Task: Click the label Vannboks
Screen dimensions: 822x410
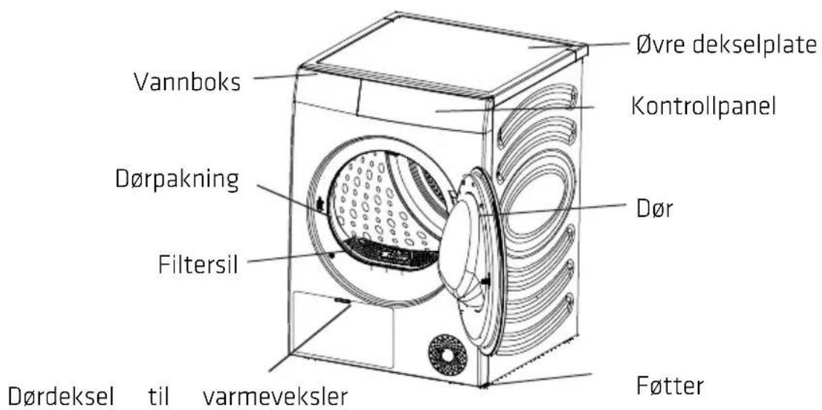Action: tap(187, 81)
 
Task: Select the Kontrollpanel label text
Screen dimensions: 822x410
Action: tap(703, 108)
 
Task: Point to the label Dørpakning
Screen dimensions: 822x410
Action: tap(177, 181)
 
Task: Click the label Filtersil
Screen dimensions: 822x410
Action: tap(198, 264)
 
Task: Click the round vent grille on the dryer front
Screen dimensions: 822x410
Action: tap(448, 355)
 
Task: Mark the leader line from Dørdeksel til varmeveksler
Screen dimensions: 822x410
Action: tap(309, 339)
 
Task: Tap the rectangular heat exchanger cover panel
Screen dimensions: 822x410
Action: tap(343, 330)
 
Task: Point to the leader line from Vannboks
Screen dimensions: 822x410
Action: tap(286, 77)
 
